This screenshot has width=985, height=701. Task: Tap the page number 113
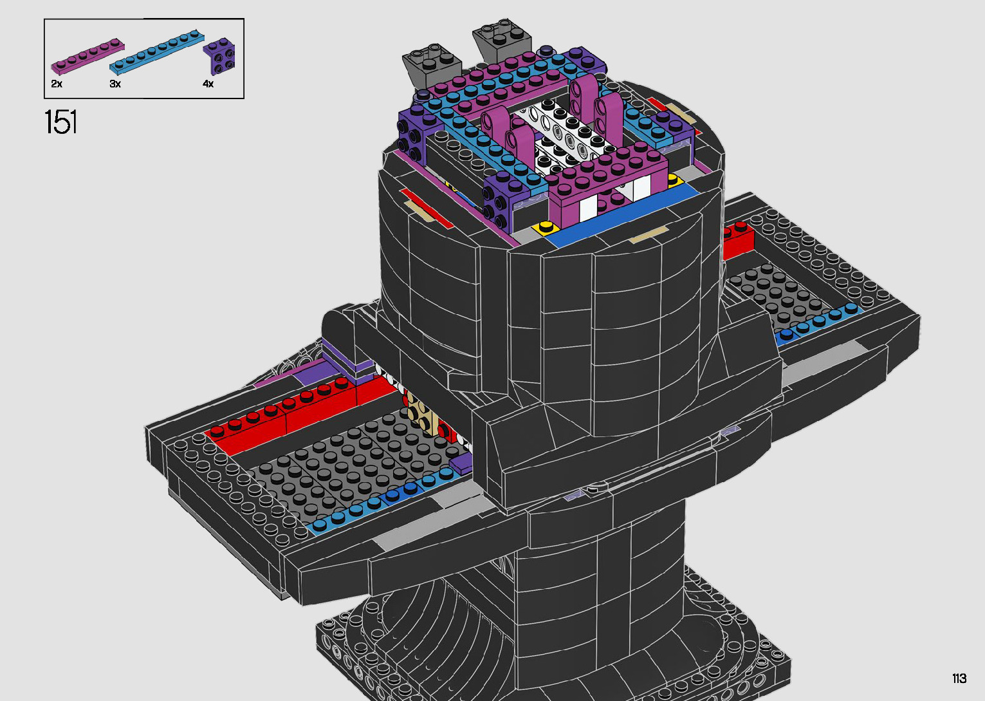coord(959,678)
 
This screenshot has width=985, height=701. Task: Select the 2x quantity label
coord(56,84)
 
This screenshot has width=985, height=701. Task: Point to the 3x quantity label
coord(115,84)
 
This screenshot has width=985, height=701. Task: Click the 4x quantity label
coord(208,84)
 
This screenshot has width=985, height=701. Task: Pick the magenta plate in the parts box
coord(88,56)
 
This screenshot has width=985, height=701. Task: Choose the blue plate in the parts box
coord(156,51)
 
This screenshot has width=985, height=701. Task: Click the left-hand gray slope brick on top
coord(431,68)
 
